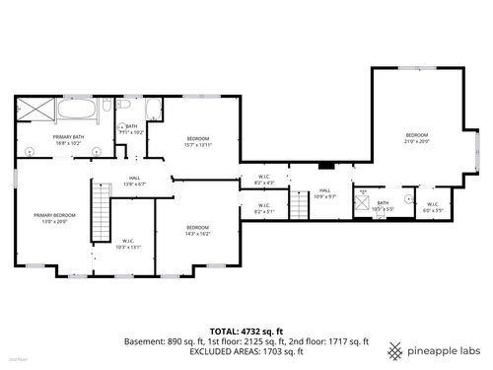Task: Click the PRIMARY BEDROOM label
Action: coord(54,218)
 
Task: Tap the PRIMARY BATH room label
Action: coord(69,140)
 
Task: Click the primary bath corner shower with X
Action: coord(35,111)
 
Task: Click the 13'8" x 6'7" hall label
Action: coord(133,181)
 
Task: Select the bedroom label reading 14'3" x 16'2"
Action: coord(197,231)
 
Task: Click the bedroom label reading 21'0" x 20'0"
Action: coord(417,138)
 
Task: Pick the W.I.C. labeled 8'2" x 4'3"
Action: coord(262,180)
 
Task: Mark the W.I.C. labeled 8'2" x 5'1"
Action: coord(262,209)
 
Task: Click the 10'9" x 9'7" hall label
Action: coord(324,193)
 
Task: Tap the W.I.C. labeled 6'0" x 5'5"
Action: coord(433,206)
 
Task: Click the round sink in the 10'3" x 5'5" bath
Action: coord(407,198)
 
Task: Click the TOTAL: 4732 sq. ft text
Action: coord(246,331)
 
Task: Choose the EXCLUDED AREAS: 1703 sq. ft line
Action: coord(246,351)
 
